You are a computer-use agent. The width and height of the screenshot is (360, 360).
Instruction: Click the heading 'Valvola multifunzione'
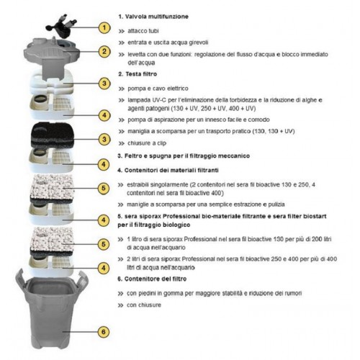[156, 14]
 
